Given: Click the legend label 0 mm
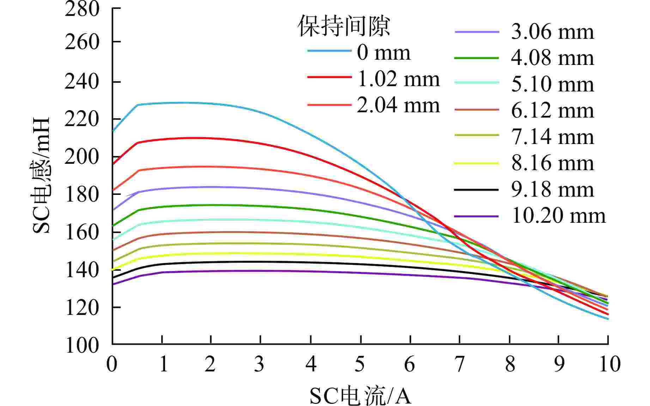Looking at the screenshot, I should click(384, 53).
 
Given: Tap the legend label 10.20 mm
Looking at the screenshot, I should click(558, 216).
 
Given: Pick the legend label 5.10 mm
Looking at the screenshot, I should click(553, 84).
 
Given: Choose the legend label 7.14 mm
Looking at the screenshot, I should click(553, 137).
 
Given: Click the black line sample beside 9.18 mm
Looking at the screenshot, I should click(476, 190).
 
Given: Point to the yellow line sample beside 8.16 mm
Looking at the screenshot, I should click(476, 163).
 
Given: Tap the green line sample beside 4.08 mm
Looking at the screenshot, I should click(476, 58).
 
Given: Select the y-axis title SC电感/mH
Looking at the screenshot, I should click(42, 175).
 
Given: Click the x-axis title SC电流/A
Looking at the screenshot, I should click(360, 396).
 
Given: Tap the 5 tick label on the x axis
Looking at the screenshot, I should click(360, 364).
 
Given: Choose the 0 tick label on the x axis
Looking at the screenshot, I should click(112, 364).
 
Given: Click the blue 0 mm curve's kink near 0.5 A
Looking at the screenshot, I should click(138, 105).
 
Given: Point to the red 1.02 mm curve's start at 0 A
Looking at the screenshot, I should click(113, 164).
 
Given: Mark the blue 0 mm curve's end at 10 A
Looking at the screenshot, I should click(608, 319).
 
